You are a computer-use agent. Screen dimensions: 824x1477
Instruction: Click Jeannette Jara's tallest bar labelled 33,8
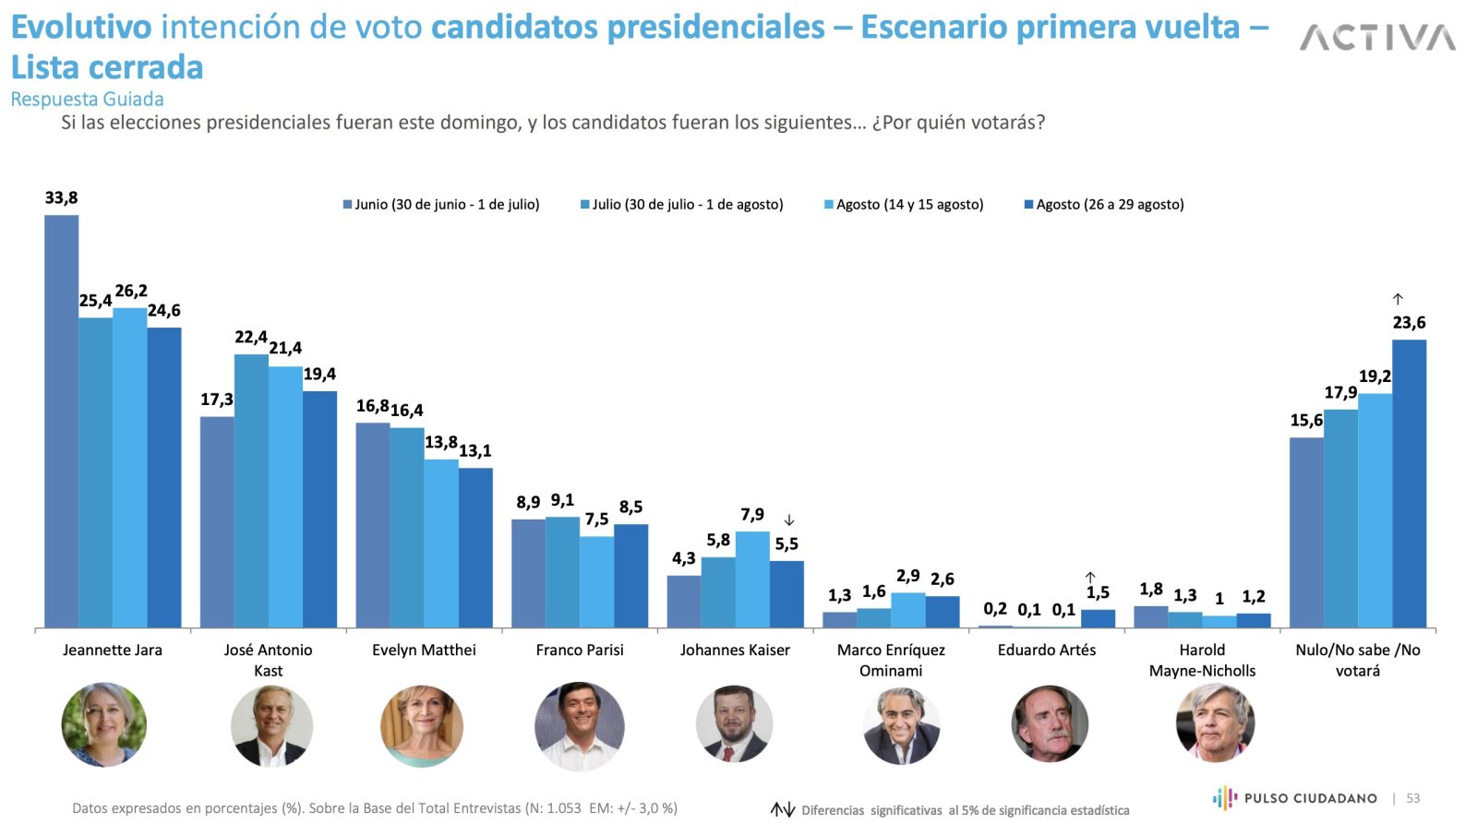(62, 421)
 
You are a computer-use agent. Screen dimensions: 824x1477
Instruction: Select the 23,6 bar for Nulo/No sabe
(1409, 484)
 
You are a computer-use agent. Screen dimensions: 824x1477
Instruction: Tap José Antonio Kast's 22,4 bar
(251, 491)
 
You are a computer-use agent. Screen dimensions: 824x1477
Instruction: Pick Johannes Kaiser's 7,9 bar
(752, 579)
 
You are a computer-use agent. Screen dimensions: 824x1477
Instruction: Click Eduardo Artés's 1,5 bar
(1098, 618)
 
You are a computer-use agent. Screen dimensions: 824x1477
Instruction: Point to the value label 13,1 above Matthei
(475, 451)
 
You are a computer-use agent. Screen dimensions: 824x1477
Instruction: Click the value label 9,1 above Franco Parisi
(562, 500)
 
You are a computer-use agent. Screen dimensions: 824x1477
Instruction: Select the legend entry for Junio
(440, 205)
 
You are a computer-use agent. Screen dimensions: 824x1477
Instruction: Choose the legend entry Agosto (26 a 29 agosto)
(1104, 205)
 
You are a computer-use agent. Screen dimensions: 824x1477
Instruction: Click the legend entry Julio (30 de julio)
(681, 205)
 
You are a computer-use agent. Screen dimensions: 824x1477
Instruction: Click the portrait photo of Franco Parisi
(579, 726)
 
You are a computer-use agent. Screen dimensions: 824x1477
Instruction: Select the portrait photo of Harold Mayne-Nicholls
(1215, 722)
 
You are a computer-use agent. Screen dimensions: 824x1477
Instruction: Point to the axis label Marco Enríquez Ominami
(891, 660)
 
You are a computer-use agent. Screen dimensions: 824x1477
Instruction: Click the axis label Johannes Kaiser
(735, 651)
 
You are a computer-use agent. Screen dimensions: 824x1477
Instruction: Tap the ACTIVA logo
(1377, 38)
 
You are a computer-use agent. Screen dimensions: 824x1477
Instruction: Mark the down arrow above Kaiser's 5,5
(789, 520)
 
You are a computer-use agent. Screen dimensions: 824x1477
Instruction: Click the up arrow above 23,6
(1398, 299)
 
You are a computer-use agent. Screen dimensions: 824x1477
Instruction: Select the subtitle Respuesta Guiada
(87, 100)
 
